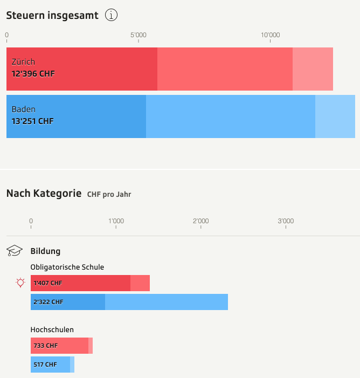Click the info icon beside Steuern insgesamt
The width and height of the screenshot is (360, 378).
click(x=111, y=15)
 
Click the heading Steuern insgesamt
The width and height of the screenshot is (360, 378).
click(x=52, y=15)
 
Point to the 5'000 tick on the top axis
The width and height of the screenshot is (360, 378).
click(x=138, y=36)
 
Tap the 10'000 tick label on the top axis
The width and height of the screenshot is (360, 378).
click(x=270, y=36)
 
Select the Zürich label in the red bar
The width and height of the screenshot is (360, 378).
click(x=23, y=62)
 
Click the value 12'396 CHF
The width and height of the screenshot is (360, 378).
click(x=33, y=74)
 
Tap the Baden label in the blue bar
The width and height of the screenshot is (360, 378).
click(x=23, y=109)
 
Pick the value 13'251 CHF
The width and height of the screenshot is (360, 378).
click(x=32, y=121)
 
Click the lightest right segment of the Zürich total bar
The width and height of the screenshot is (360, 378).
click(x=313, y=69)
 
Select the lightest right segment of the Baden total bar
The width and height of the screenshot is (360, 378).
click(x=335, y=116)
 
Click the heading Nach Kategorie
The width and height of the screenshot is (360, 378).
click(x=44, y=193)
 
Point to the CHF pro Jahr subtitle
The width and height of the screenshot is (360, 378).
click(x=109, y=194)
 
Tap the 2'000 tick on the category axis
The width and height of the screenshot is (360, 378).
click(x=200, y=221)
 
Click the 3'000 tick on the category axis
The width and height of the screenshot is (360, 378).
click(x=285, y=221)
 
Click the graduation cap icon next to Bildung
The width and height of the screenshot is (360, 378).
click(x=15, y=251)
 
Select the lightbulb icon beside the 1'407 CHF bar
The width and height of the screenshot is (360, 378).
click(x=20, y=283)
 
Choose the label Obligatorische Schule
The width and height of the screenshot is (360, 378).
click(x=67, y=267)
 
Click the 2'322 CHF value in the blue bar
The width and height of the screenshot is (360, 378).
click(x=48, y=302)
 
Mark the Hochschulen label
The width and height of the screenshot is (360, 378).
click(x=52, y=329)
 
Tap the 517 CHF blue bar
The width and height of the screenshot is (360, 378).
click(x=51, y=365)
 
